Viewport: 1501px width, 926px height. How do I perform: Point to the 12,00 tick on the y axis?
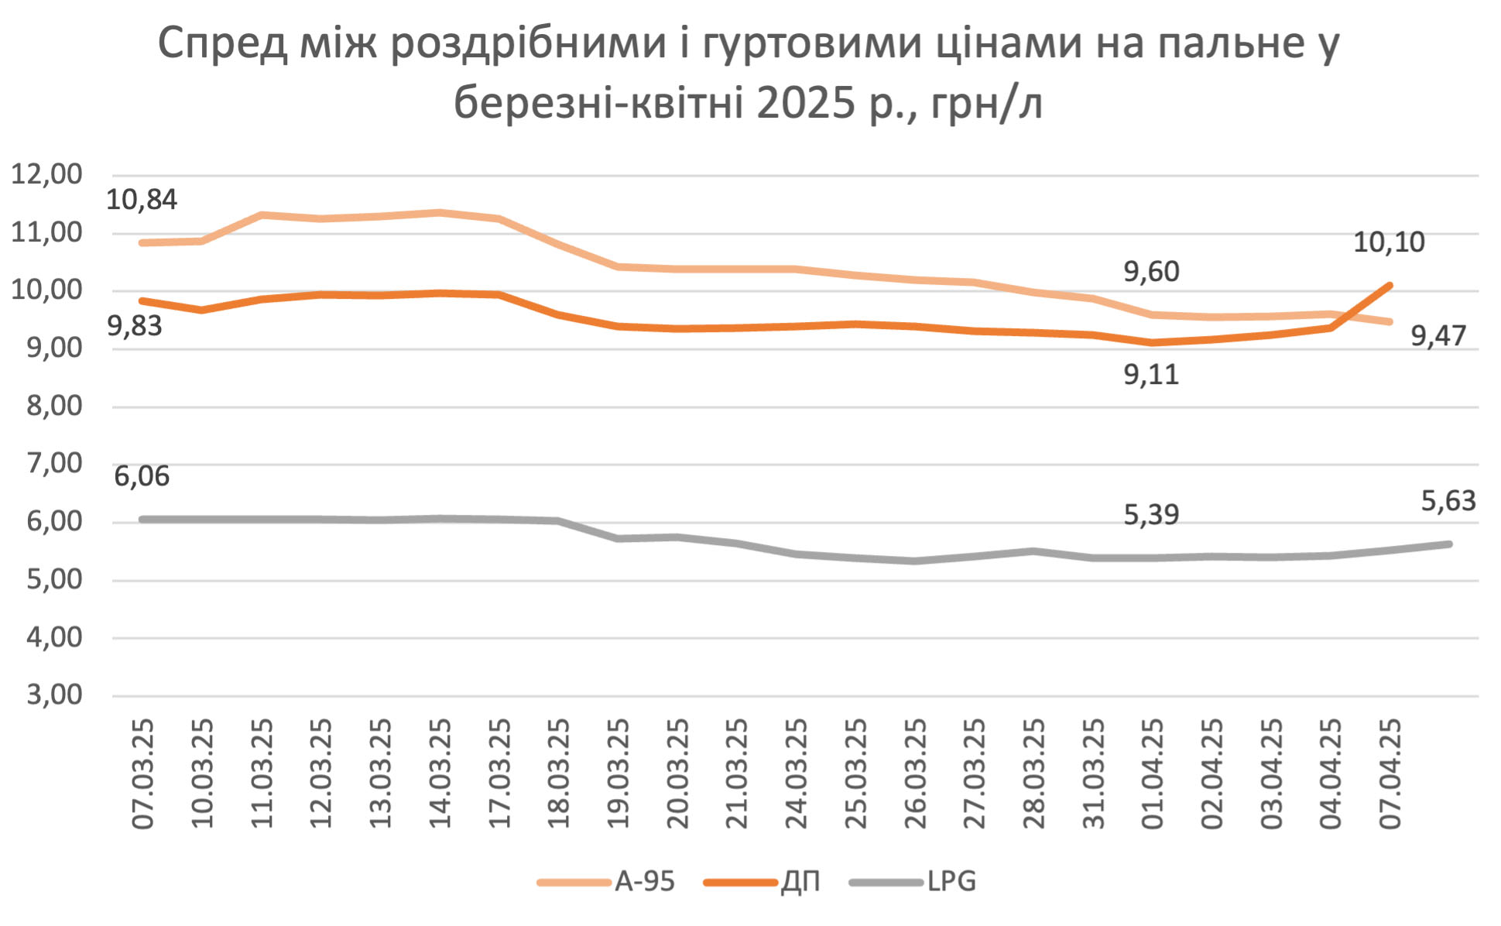coord(46,174)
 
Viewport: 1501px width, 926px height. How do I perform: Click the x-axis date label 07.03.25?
coord(143,774)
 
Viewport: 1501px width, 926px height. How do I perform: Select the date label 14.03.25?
coord(440,774)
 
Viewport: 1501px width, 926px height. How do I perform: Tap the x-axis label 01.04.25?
coord(1153,774)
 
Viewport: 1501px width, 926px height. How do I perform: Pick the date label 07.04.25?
coord(1391,774)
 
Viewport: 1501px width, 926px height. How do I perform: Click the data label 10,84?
coord(142,200)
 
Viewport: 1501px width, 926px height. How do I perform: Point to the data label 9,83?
coord(135,326)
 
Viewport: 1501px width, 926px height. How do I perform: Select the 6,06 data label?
coord(142,476)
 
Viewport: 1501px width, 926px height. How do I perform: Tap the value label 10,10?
coord(1389,242)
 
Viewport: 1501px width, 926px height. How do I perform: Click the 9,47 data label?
coord(1438,336)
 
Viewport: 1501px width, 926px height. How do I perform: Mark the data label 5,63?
coord(1448,501)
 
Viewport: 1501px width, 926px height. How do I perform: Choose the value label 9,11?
coord(1151,375)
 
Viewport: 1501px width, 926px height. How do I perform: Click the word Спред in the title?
coord(222,43)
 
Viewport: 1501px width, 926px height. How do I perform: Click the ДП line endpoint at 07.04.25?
coord(1391,285)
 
